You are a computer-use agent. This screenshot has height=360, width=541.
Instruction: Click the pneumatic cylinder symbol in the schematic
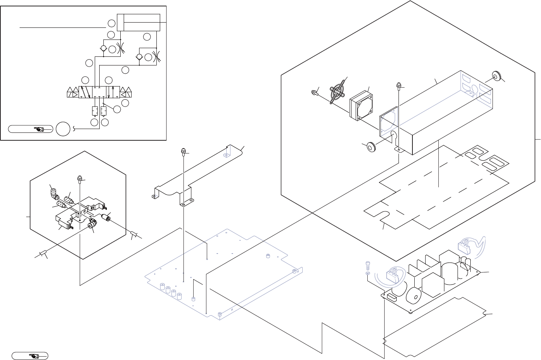[x=138, y=23]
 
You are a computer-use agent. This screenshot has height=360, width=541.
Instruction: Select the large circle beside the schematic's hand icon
[x=63, y=129]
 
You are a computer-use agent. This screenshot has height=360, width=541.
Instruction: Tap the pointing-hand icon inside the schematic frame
[x=39, y=129]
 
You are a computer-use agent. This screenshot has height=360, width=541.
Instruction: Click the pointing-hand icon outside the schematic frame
[x=33, y=355]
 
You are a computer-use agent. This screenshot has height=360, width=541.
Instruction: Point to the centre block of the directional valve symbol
[x=99, y=92]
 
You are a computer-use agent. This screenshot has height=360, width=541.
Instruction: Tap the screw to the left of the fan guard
[x=313, y=92]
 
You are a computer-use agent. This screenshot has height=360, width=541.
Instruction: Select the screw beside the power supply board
[x=368, y=266]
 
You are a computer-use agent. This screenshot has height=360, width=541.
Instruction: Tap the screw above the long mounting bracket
[x=183, y=152]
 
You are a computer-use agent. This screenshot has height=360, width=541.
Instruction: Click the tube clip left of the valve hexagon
[x=42, y=254]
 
